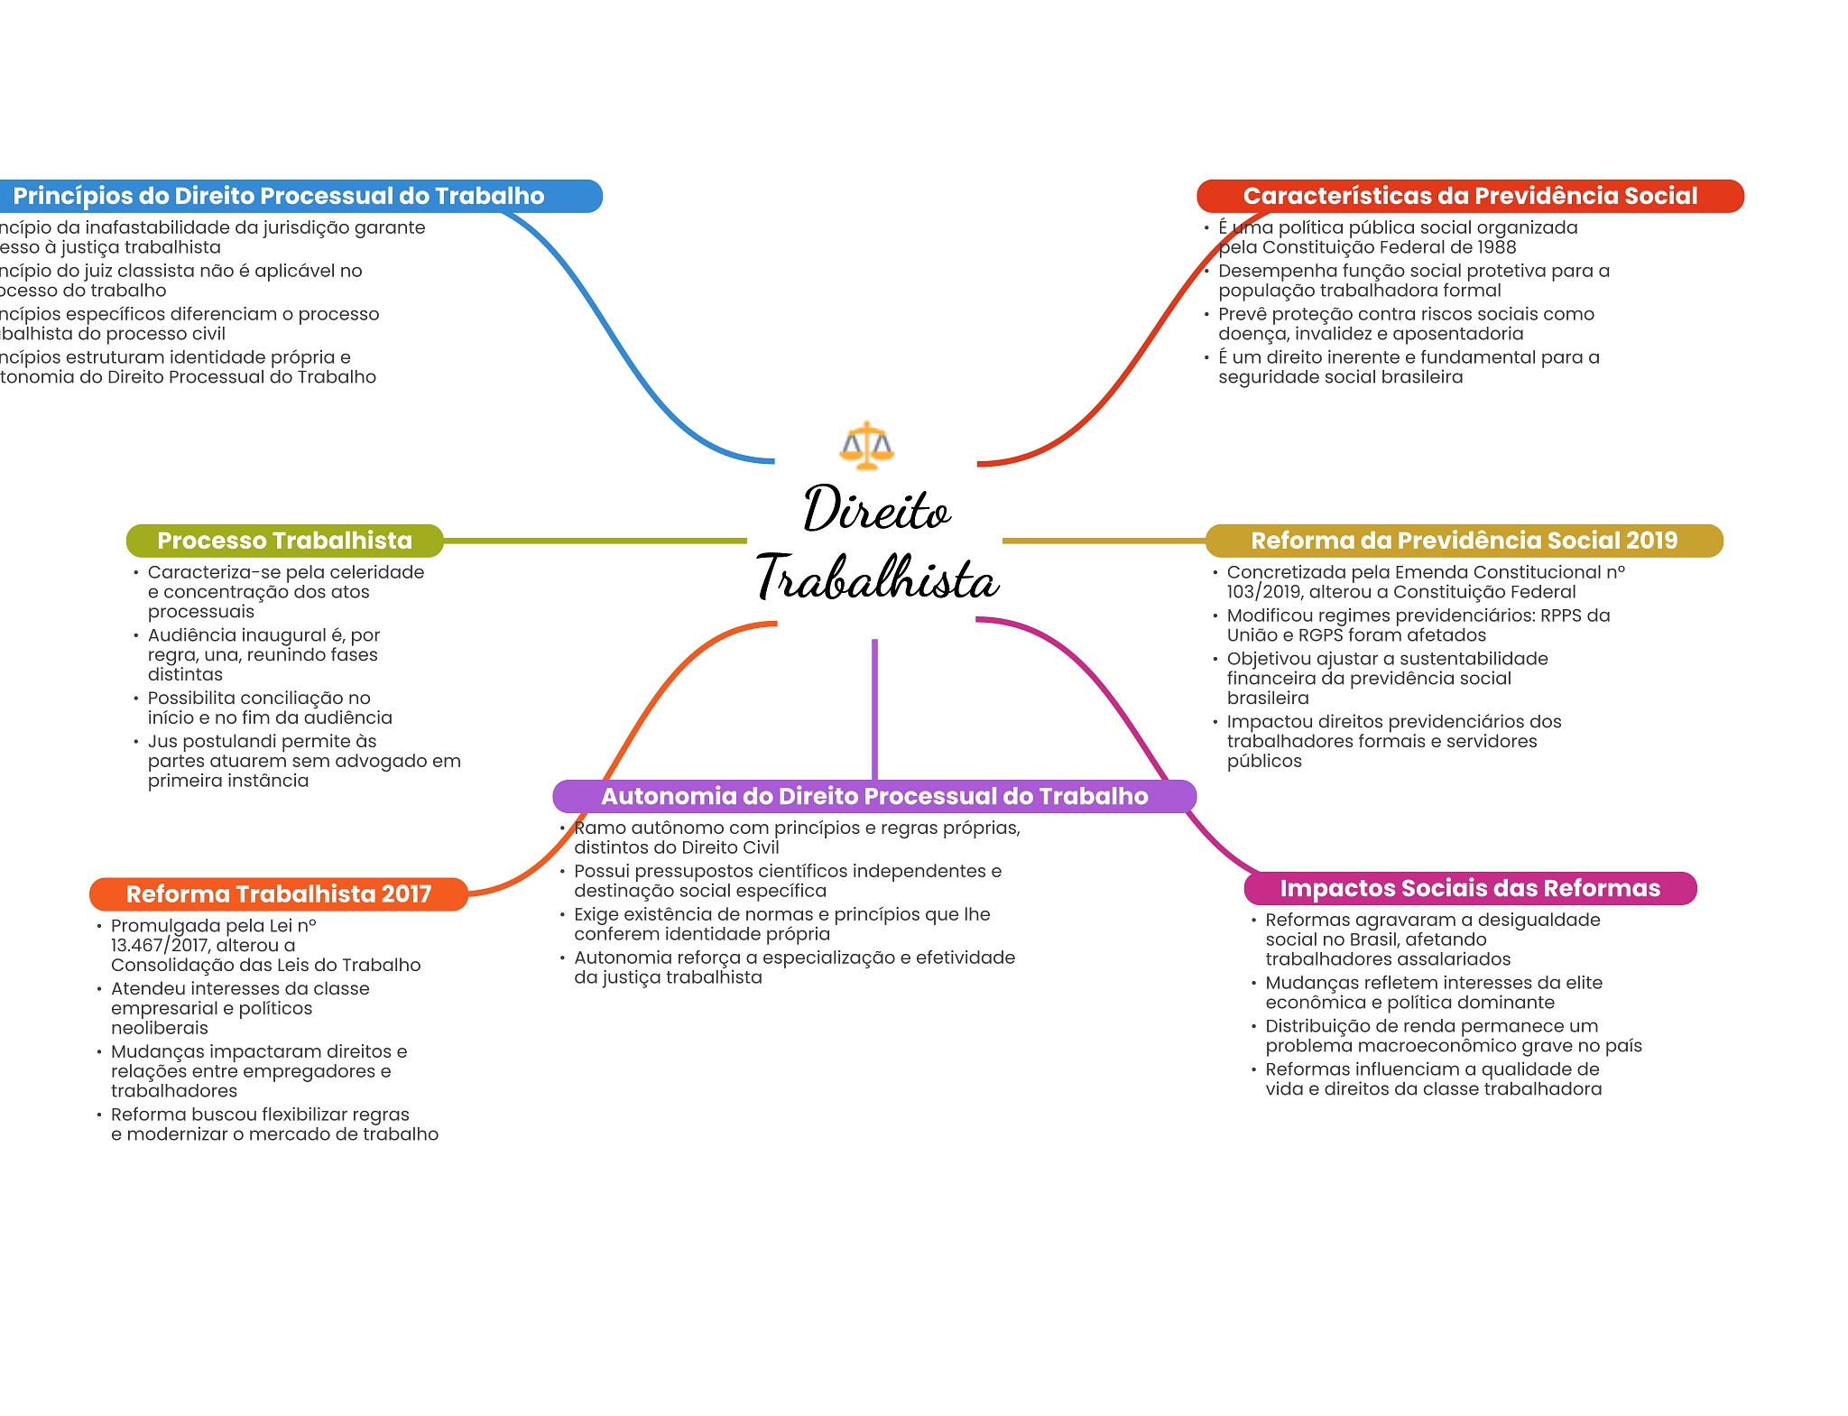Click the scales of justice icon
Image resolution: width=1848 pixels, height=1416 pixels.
click(866, 445)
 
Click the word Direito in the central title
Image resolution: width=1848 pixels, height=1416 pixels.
click(876, 510)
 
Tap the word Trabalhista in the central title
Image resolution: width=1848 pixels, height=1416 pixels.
click(877, 578)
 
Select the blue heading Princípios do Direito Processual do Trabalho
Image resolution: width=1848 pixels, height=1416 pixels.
click(279, 196)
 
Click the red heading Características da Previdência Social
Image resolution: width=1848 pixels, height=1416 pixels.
click(1470, 196)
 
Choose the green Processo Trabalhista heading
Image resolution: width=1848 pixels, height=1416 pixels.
click(284, 541)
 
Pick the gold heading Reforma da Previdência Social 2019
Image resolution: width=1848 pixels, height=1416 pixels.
click(1464, 541)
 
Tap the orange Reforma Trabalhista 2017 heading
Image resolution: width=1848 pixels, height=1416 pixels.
click(279, 894)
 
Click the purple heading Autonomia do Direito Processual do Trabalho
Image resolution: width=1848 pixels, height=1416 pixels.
click(874, 796)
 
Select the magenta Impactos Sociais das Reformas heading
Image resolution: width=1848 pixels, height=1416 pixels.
click(1470, 888)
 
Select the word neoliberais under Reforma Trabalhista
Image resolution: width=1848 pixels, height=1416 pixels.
click(160, 1028)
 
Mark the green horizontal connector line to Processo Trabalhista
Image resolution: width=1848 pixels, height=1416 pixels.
click(596, 541)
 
